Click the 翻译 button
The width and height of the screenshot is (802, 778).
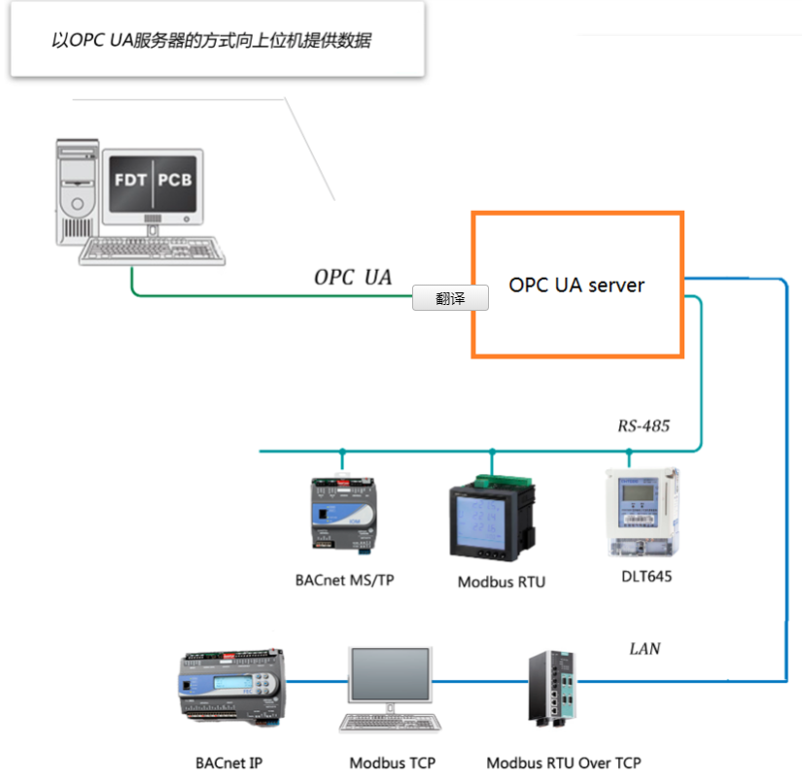click(x=450, y=299)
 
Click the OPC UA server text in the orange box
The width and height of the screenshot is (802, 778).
click(x=576, y=285)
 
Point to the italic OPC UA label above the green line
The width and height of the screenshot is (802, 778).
click(x=352, y=277)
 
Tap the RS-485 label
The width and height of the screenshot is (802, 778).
click(x=644, y=425)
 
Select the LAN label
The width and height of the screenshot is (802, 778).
click(x=645, y=648)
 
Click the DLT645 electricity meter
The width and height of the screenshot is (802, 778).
click(x=641, y=514)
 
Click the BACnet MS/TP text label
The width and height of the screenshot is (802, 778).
click(x=344, y=580)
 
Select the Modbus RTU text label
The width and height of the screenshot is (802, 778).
click(x=501, y=582)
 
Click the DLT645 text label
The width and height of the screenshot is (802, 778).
click(x=646, y=576)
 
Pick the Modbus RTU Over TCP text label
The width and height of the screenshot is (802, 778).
click(x=564, y=763)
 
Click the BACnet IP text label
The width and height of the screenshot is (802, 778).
click(x=228, y=763)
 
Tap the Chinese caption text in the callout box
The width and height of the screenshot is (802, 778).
click(x=212, y=41)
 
